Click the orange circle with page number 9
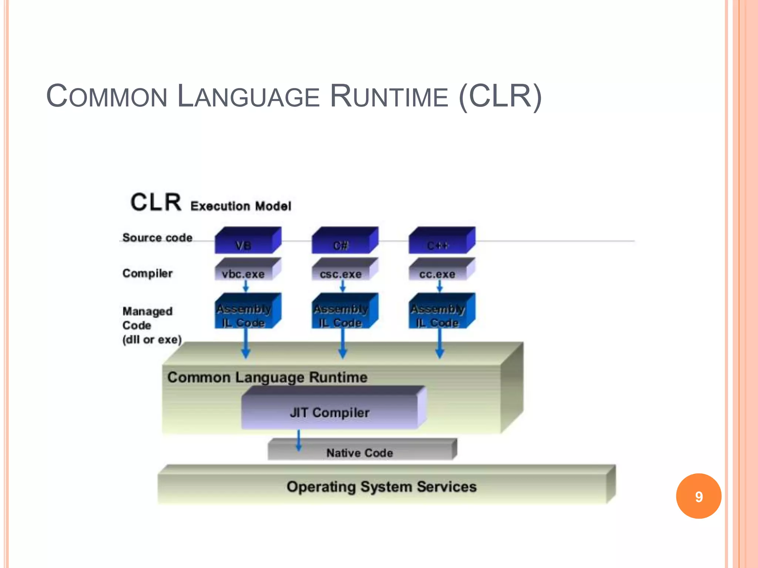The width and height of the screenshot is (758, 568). (698, 496)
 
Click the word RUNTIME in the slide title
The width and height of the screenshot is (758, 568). (389, 97)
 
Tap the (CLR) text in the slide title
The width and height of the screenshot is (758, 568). (500, 97)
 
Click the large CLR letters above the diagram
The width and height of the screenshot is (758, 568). (156, 202)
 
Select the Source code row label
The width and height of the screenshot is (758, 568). (157, 237)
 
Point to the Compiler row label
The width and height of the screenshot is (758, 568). (147, 273)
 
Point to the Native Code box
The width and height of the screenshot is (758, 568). (360, 452)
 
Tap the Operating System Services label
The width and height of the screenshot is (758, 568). (382, 486)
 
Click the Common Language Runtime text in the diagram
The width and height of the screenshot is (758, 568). (267, 377)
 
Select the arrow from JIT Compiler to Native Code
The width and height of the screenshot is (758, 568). (299, 440)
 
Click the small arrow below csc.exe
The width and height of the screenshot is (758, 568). (342, 286)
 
